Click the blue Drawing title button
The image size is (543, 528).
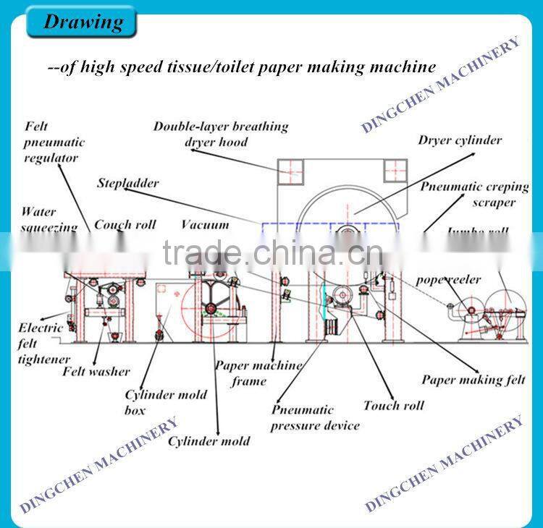[x=80, y=22]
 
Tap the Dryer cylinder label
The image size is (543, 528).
[x=459, y=140]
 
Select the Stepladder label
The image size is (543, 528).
[x=128, y=183]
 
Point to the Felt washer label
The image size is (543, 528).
[x=96, y=372]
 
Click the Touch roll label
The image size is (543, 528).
[x=393, y=405]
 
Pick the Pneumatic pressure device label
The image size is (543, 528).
[x=315, y=418]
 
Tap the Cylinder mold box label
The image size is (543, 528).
[x=166, y=402]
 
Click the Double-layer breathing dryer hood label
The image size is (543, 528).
[x=220, y=134]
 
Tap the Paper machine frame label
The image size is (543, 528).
[x=257, y=372]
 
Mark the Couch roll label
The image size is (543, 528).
[x=125, y=225]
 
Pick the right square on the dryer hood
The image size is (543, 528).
[x=397, y=171]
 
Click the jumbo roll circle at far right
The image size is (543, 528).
[x=507, y=299]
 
